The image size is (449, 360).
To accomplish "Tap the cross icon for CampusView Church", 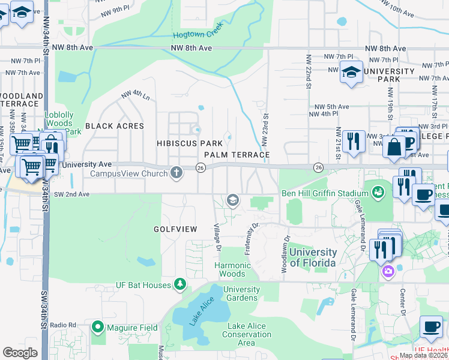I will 176,173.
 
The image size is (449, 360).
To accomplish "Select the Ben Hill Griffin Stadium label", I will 325,193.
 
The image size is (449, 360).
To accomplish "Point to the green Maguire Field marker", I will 98,328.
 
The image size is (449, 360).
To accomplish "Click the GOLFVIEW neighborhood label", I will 175,229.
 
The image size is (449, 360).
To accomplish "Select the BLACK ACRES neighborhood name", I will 115,126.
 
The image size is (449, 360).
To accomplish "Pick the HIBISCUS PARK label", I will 190,143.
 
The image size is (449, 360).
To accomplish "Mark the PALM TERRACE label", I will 236,154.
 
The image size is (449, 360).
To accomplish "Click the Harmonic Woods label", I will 233,269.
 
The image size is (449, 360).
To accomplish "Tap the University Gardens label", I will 242,293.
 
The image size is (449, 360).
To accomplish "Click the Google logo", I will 20,352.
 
